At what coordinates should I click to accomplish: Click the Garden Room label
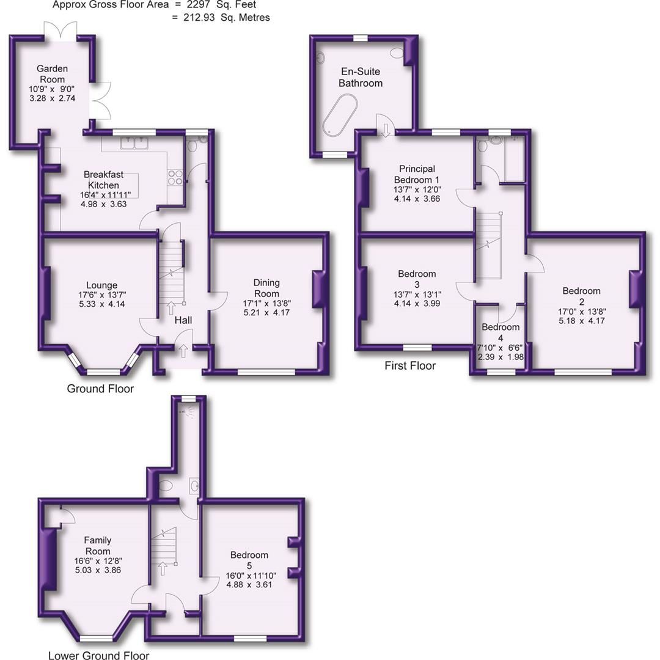pos(52,74)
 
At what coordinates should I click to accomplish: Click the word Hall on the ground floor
pos(183,320)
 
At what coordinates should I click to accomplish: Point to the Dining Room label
pos(266,287)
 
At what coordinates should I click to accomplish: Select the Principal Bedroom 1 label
pos(417,174)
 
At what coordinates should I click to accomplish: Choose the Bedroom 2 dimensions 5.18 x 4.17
pos(582,320)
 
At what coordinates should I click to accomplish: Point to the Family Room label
pos(98,546)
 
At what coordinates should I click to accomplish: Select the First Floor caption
pos(410,366)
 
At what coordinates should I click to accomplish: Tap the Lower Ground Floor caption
pos(98,656)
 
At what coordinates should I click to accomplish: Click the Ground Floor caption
pos(100,389)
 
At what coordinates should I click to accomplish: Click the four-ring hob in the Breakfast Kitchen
pos(175,177)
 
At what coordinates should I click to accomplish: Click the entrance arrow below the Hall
pos(183,351)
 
